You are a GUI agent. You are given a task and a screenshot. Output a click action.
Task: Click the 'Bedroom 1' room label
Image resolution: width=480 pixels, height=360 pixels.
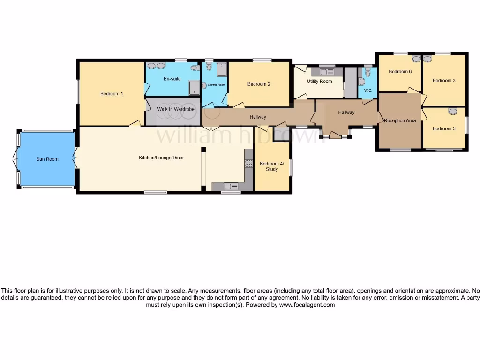click(x=112, y=94)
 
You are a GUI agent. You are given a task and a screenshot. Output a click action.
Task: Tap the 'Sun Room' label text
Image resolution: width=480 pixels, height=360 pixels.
click(x=47, y=159)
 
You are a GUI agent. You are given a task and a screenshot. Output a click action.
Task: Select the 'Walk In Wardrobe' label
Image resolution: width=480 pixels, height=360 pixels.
click(x=175, y=109)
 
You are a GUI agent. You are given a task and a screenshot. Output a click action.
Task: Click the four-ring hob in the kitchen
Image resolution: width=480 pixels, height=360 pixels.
click(x=248, y=164)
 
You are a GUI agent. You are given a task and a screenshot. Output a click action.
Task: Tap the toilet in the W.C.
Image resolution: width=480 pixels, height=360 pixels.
click(x=368, y=72)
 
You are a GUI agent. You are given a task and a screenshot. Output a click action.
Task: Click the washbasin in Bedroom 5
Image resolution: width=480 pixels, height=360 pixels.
click(x=452, y=111)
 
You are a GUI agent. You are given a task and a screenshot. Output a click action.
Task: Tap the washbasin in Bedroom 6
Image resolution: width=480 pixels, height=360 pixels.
click(x=416, y=59)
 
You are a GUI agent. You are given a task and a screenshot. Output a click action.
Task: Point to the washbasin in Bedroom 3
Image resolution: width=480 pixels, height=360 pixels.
click(x=427, y=59)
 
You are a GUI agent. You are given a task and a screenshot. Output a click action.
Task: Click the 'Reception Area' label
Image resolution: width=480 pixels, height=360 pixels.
click(x=400, y=121)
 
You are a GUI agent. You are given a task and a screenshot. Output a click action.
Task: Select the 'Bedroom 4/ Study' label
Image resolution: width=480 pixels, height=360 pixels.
click(x=272, y=166)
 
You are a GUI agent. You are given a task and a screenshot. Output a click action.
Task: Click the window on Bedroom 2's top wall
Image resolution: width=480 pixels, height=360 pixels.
click(x=262, y=60)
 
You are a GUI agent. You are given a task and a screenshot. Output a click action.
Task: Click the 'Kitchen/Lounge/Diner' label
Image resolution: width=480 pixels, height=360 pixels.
click(x=161, y=158)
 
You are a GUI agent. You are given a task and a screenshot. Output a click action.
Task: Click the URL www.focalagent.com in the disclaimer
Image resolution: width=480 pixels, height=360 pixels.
click(x=307, y=305)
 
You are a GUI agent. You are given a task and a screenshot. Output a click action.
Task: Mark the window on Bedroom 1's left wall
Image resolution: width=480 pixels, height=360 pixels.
click(x=78, y=91)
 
